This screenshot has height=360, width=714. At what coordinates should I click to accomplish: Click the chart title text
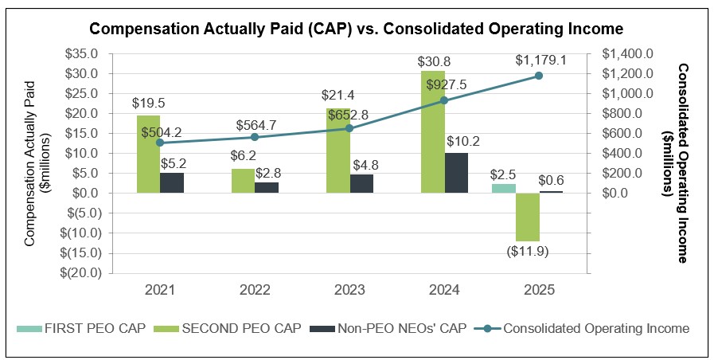pos(356,29)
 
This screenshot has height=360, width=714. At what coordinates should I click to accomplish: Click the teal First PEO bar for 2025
pos(504,188)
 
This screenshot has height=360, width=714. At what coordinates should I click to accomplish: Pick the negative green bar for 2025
pos(528,217)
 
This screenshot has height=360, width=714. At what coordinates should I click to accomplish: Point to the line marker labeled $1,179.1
pos(539,76)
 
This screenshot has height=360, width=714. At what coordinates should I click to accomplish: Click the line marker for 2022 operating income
pos(255,137)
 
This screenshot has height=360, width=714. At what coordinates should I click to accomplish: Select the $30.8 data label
pos(433,61)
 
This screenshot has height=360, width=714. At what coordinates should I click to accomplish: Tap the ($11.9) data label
pos(529,251)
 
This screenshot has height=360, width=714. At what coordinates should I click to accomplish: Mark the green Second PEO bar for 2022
pos(243,181)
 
